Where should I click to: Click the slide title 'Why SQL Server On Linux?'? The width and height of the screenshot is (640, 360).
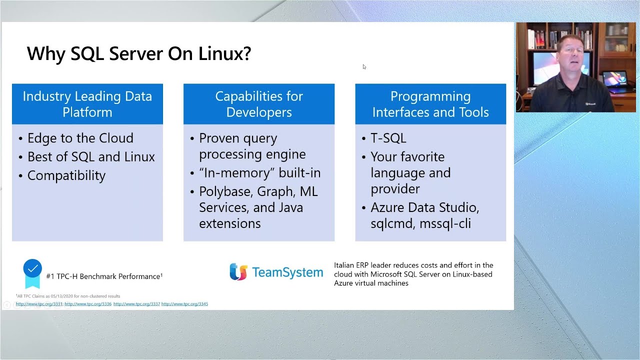138,53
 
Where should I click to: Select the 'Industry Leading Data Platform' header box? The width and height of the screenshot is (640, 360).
87,104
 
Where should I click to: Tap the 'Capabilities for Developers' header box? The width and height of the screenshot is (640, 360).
259,104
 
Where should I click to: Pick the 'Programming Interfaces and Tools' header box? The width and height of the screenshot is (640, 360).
430,104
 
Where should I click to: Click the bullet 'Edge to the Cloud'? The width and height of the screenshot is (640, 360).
80,138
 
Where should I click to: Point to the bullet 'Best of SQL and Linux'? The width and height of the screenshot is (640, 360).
91,157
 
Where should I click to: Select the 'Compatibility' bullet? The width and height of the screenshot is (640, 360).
66,176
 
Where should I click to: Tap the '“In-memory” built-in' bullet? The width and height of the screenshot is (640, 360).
259,173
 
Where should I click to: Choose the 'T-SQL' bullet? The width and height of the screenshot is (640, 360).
388,138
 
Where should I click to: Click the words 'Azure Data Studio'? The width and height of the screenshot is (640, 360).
424,207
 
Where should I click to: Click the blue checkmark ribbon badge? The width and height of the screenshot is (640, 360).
32,272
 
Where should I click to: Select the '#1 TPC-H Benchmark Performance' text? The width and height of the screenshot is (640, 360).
104,276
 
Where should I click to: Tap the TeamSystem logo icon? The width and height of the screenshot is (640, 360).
238,272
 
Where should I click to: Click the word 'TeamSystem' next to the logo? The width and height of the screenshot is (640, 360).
287,272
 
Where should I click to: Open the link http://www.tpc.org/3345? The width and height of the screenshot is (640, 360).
184,304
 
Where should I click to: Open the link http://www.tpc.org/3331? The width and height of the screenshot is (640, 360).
39,304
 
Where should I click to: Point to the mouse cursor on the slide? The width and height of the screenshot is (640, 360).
364,66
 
